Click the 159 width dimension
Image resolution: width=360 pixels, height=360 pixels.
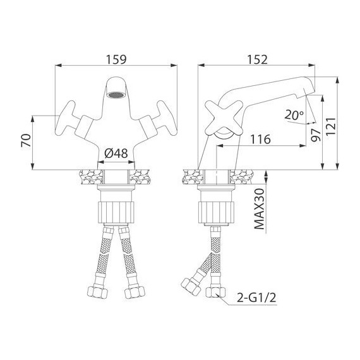click(117, 59)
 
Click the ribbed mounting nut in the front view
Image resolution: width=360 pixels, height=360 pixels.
click(117, 208)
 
